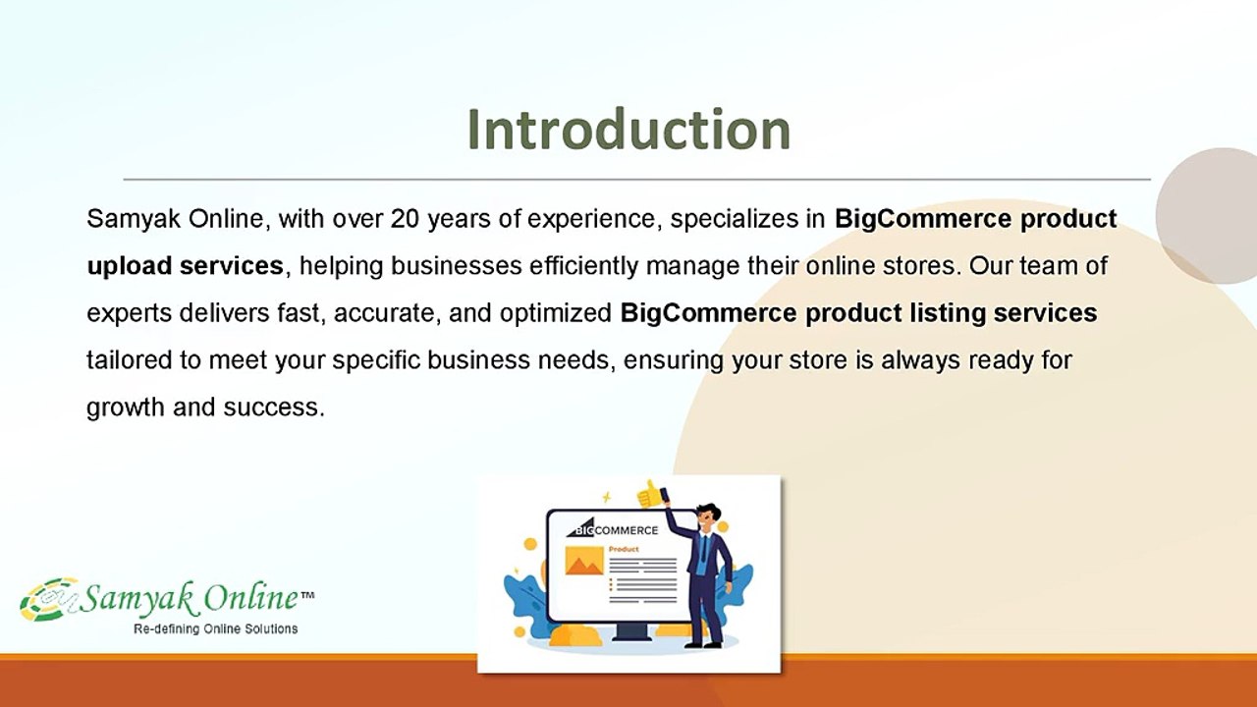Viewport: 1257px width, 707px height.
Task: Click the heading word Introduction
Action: pos(629,130)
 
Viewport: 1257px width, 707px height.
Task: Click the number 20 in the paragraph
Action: pos(405,219)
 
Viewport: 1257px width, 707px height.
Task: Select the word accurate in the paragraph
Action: pos(383,313)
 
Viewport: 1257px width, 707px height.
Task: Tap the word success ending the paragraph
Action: pos(272,408)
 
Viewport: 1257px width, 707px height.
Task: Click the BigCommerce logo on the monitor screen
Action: pos(612,528)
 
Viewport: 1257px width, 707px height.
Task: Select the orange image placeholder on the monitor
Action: pos(584,561)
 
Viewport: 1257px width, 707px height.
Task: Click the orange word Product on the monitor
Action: pos(624,549)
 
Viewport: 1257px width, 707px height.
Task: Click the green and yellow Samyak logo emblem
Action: pos(49,600)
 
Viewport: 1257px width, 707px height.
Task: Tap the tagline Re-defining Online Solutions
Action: pos(215,629)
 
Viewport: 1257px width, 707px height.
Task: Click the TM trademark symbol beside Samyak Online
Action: pos(307,595)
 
